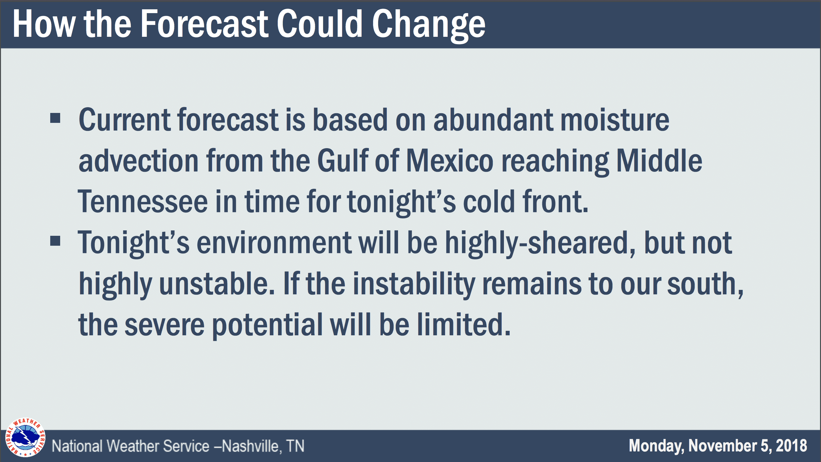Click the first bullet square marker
click(x=55, y=118)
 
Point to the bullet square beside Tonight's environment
click(x=55, y=241)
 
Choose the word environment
click(x=274, y=242)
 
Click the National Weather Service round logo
click(x=25, y=437)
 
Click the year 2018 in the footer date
click(x=792, y=445)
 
